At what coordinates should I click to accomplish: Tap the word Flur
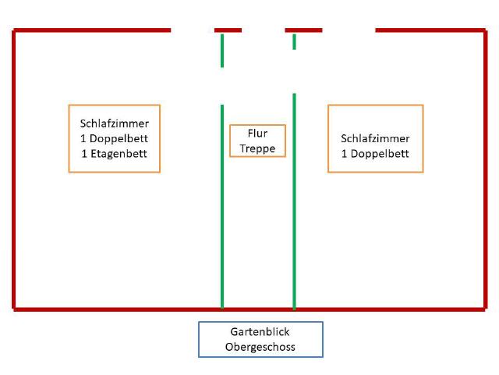pos(257,134)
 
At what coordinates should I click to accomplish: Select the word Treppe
pos(257,148)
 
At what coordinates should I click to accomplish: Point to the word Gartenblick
pos(260,332)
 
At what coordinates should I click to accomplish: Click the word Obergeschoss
pos(260,347)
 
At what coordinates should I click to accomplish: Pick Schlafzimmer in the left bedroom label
pos(115,123)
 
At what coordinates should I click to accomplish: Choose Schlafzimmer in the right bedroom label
pos(375,138)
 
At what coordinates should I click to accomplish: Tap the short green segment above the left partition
pos(222,50)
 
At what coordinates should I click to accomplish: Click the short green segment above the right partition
pos(294,41)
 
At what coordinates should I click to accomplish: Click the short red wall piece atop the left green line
pos(228,30)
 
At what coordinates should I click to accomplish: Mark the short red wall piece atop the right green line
pos(303,30)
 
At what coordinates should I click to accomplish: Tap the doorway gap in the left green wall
pos(222,86)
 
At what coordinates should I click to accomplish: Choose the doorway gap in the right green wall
pos(294,71)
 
